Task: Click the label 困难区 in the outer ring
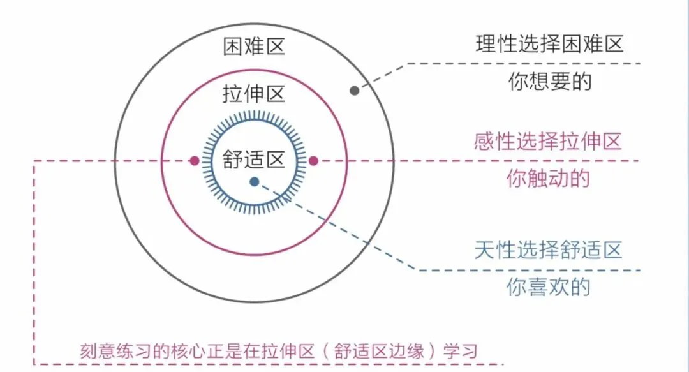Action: [x=253, y=47]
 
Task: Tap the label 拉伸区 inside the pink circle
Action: [x=253, y=94]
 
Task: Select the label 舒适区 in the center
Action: [x=253, y=160]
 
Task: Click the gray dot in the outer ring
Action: [x=355, y=91]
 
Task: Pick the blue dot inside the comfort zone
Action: [x=255, y=182]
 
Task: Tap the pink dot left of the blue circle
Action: [x=194, y=161]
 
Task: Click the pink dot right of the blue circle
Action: [x=313, y=161]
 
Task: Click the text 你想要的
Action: [x=549, y=82]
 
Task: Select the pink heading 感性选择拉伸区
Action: [x=548, y=141]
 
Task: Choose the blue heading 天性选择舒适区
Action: [x=548, y=249]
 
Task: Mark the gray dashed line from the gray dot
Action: [x=510, y=63]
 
